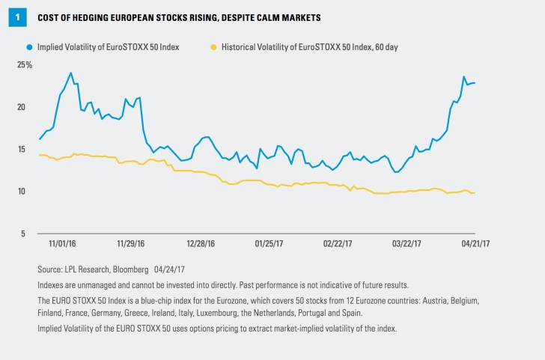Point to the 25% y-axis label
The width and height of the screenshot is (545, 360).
coord(25,65)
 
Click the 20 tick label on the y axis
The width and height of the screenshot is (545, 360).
coord(22,107)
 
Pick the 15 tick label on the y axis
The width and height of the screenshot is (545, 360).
coord(22,149)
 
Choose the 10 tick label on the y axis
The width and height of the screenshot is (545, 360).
coord(22,191)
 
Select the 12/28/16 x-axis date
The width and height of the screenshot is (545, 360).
coord(201,242)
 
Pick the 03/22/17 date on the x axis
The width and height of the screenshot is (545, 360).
coord(407,242)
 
